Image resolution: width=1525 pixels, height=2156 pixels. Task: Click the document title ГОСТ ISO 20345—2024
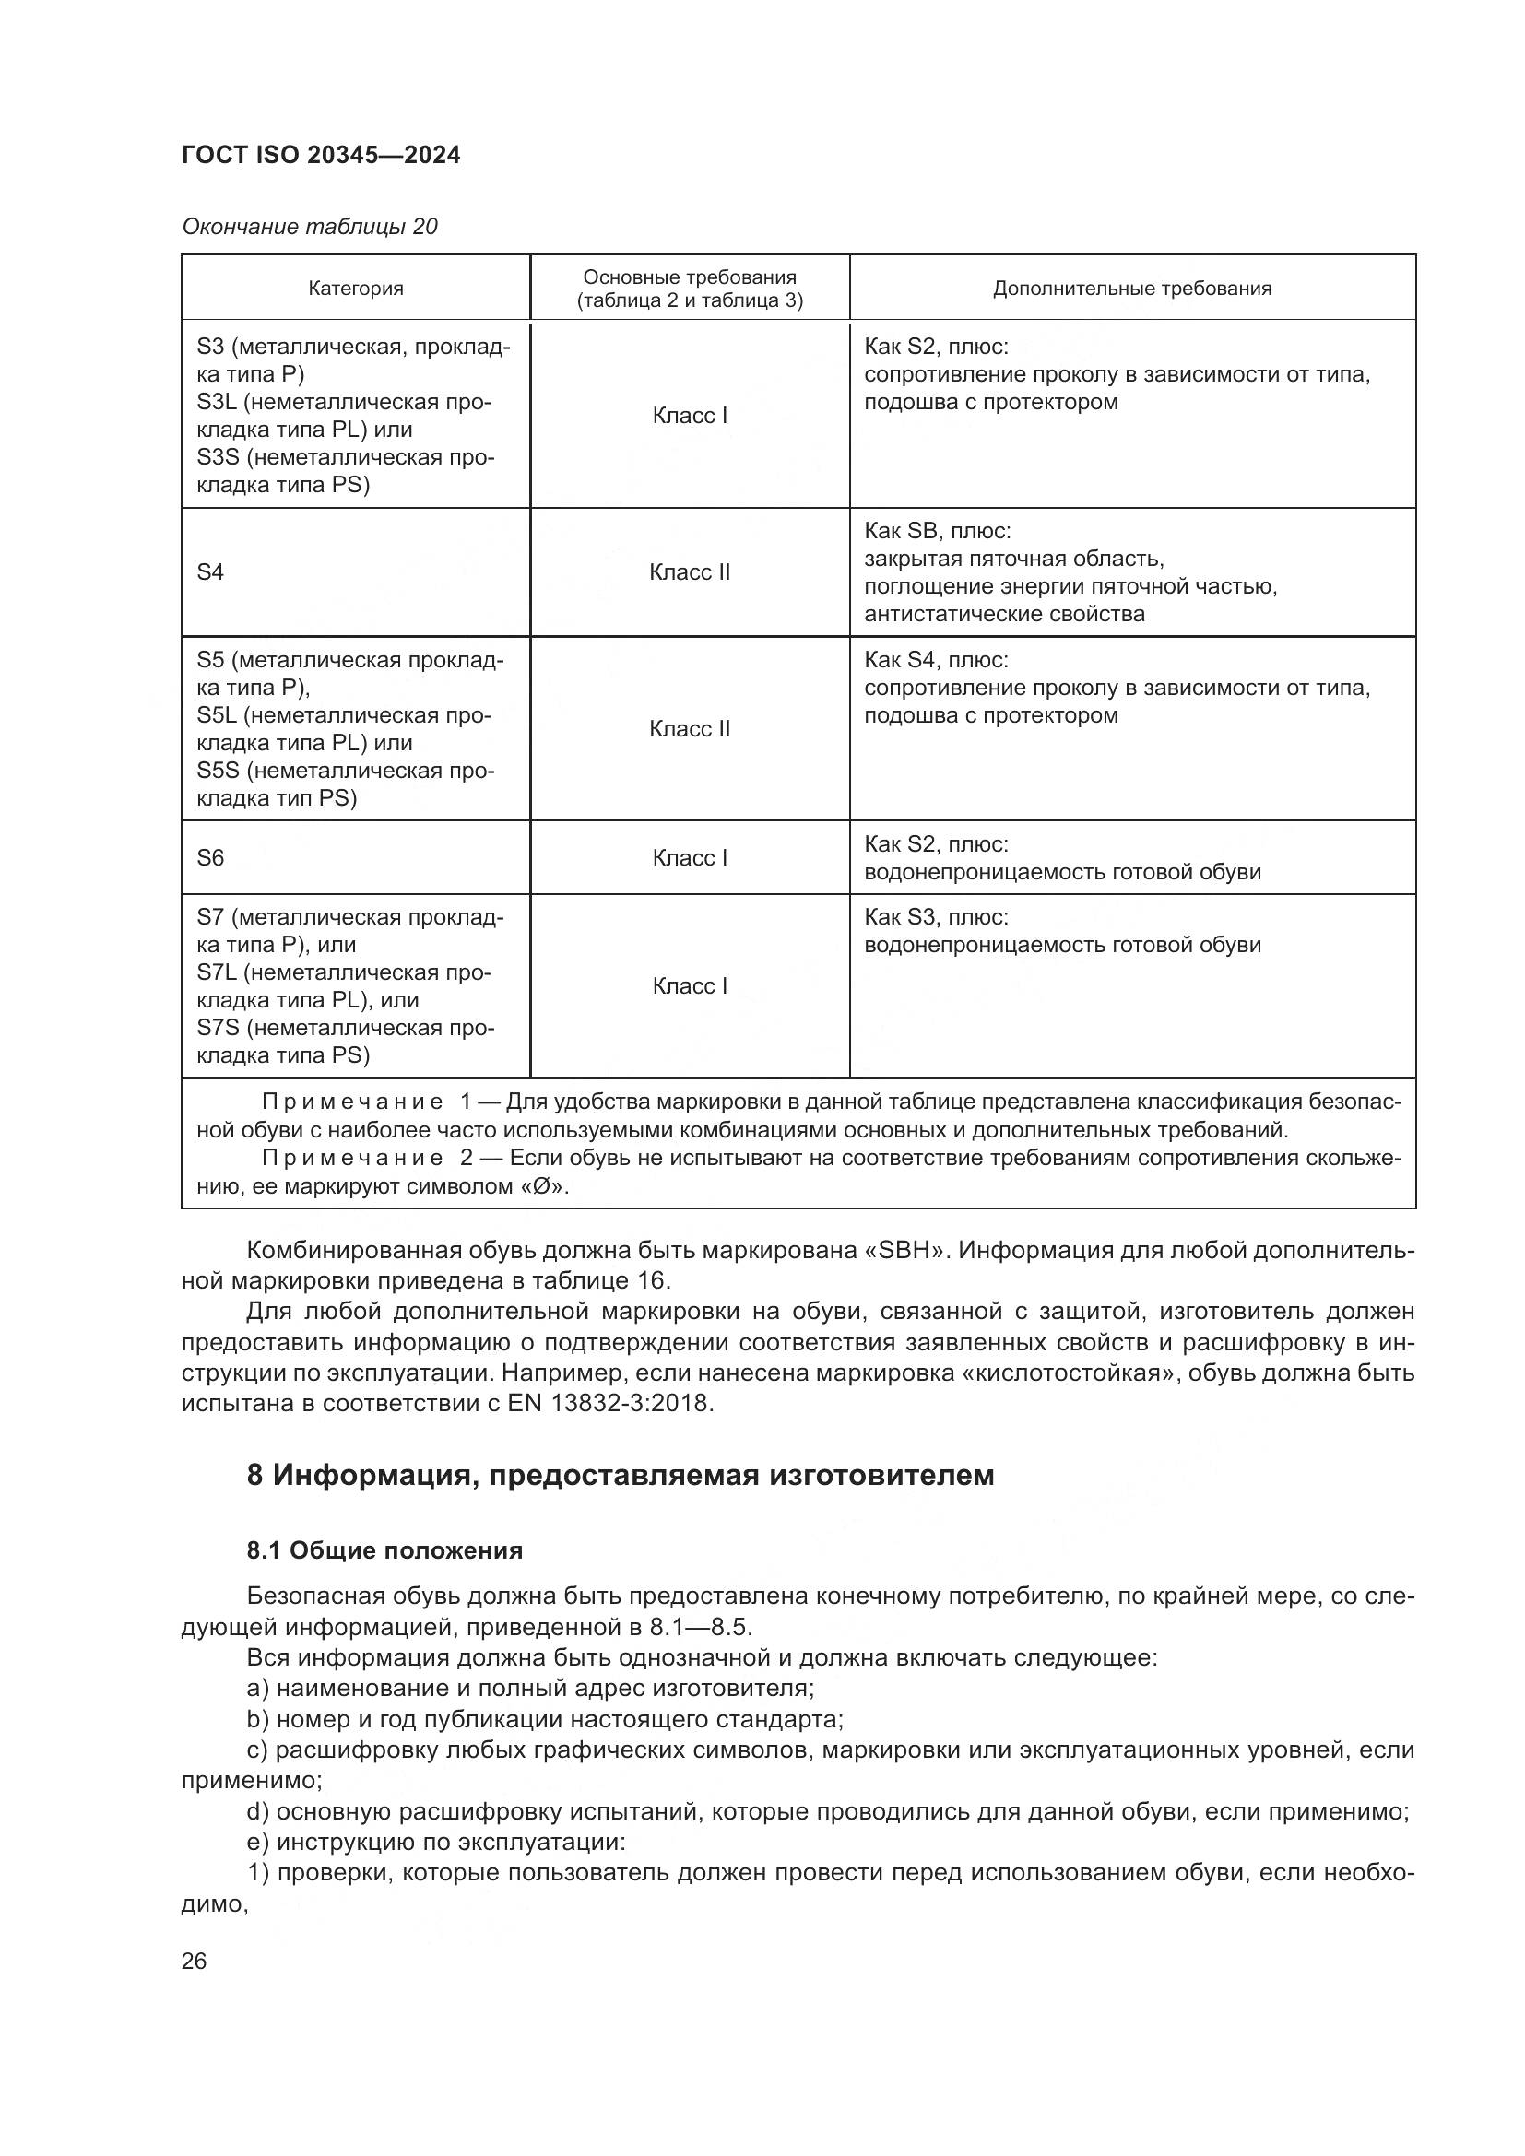pyautogui.click(x=320, y=156)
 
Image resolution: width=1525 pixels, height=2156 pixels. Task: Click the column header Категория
pyautogui.click(x=355, y=289)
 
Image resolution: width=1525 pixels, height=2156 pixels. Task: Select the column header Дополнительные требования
pyautogui.click(x=1131, y=289)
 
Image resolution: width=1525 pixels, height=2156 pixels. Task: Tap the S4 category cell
pyautogui.click(x=210, y=571)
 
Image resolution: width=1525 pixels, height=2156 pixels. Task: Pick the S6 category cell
pyautogui.click(x=210, y=857)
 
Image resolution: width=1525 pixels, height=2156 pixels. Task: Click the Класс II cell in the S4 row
pyautogui.click(x=690, y=571)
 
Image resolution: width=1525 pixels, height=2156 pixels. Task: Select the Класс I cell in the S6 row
pyautogui.click(x=690, y=857)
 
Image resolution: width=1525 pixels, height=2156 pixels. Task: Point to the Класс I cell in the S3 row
pyautogui.click(x=690, y=415)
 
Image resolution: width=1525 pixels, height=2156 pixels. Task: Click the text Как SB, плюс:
pyautogui.click(x=936, y=531)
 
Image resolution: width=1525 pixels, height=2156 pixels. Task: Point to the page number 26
pyautogui.click(x=194, y=1961)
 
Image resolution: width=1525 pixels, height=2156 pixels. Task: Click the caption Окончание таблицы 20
pyautogui.click(x=309, y=227)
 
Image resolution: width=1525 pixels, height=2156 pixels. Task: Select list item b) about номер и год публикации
pyautogui.click(x=545, y=1719)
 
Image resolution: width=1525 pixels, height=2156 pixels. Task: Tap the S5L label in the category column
pyautogui.click(x=217, y=715)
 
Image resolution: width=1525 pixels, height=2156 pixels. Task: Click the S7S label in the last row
pyautogui.click(x=217, y=1027)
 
